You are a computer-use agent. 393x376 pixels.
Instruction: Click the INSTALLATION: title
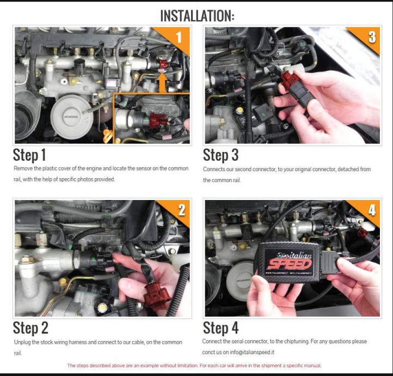coord(197,16)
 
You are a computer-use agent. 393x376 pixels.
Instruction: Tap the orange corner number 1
coord(179,38)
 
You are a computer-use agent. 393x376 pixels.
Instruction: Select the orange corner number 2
coord(182,210)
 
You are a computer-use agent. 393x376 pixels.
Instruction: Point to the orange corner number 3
coord(372,37)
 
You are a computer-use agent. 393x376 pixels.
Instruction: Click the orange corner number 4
coord(372,210)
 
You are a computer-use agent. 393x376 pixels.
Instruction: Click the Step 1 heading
coord(29,155)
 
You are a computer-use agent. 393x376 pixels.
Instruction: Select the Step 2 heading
coord(30,328)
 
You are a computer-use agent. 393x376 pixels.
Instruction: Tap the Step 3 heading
coord(220,155)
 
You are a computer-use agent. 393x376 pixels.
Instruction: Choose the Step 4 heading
coord(220,328)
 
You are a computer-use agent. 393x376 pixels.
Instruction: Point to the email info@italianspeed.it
coord(252,352)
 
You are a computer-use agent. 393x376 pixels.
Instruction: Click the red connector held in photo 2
coord(157,295)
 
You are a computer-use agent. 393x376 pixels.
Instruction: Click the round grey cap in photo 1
coord(71,117)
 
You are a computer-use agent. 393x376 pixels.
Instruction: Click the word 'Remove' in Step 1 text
coord(23,168)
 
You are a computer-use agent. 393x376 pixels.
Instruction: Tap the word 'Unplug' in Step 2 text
coord(23,342)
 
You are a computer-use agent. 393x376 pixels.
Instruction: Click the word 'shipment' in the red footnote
coord(272,366)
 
